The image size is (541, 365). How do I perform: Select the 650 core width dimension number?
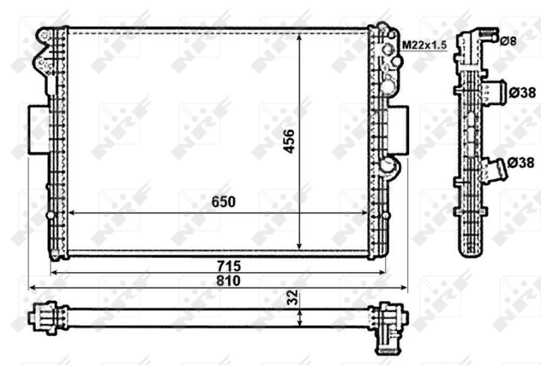tap(223, 202)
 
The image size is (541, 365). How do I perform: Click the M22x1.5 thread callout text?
tap(425, 45)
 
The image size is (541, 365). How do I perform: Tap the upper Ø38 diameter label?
tap(521, 91)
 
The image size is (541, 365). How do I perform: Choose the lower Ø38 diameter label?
tap(521, 163)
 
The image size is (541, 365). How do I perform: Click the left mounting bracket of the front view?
tap(37, 129)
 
